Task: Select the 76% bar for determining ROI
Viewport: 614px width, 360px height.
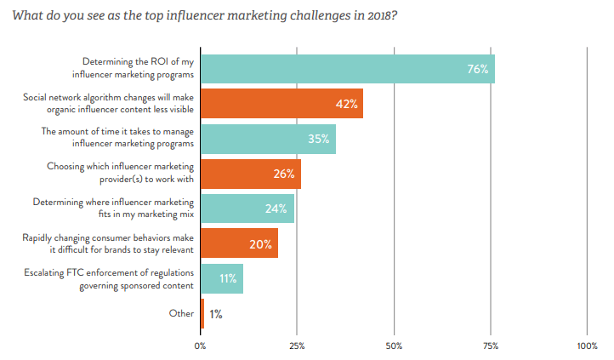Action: click(347, 68)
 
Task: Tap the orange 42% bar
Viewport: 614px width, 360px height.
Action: click(281, 104)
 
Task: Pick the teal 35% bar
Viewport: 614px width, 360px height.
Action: click(268, 139)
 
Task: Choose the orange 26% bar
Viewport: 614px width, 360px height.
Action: click(250, 174)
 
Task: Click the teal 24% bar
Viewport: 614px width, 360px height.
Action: click(247, 209)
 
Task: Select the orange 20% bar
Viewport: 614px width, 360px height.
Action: click(239, 244)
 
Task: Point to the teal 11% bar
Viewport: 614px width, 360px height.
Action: click(221, 279)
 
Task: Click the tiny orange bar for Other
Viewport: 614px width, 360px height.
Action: click(202, 314)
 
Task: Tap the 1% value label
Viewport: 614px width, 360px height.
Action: click(216, 315)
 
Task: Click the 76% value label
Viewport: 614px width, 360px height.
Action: click(477, 69)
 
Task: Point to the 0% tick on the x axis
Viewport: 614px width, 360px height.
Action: click(201, 346)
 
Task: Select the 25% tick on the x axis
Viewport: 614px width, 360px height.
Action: click(297, 346)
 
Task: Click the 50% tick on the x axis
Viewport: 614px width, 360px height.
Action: click(394, 346)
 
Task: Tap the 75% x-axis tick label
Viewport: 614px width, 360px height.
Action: click(491, 346)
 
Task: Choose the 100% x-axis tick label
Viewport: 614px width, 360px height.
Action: click(587, 346)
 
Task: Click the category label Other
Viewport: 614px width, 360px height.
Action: click(181, 314)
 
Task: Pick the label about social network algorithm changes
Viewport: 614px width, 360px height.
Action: click(108, 104)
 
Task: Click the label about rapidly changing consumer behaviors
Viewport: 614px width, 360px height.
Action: click(108, 244)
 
